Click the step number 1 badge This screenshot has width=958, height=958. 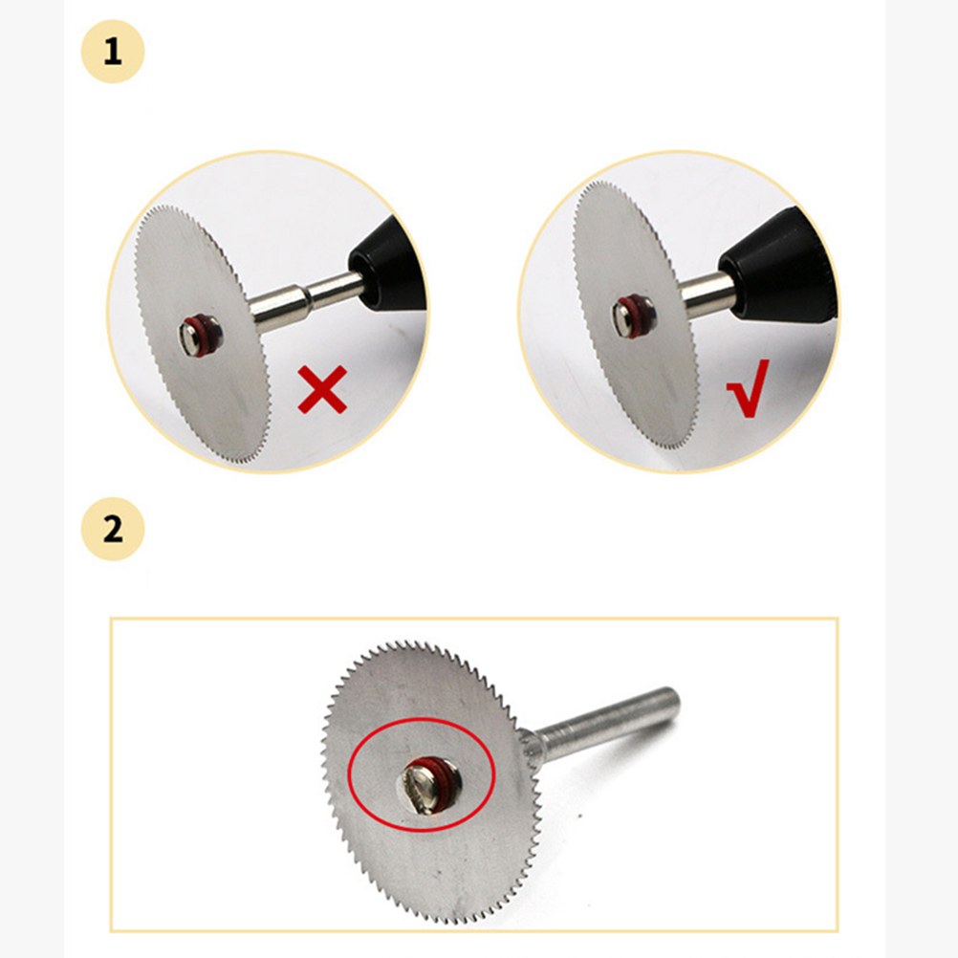pos(113,52)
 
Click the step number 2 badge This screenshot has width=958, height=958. pos(113,529)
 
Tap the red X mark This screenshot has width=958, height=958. pos(322,390)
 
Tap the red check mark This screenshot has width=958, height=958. pos(748,388)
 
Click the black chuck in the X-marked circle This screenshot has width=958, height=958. pos(386,264)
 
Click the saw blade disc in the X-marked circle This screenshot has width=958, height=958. pos(202,333)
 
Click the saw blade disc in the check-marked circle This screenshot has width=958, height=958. pos(636,315)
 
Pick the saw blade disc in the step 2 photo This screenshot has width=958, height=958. pos(431,782)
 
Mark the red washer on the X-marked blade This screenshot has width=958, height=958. pos(207,335)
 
